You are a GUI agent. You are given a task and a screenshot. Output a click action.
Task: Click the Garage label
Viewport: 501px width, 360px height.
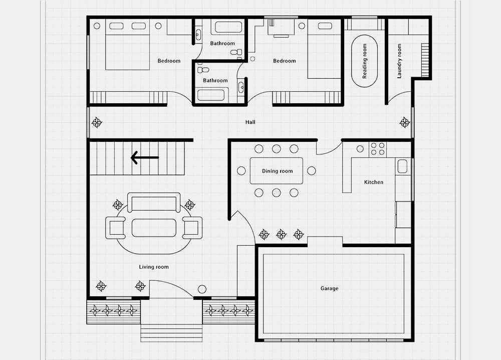coord(329,288)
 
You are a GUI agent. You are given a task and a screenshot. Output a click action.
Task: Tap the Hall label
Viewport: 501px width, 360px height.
coord(250,122)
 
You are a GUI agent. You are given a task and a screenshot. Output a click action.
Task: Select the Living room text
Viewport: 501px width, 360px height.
coord(154,267)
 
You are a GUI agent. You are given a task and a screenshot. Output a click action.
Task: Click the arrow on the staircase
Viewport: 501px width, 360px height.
coord(145,157)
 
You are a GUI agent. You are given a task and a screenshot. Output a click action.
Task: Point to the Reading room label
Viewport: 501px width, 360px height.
coord(365,61)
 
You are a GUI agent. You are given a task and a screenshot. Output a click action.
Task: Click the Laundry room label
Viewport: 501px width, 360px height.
coord(399,61)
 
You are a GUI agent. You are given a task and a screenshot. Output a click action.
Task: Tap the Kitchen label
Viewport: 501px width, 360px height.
coord(374,182)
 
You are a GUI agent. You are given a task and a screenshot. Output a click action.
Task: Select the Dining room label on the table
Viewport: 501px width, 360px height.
coord(277,171)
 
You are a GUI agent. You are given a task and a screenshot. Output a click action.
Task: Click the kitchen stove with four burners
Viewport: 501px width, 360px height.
coord(377,149)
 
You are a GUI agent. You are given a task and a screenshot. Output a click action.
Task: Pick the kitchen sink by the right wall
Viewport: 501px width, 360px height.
coord(402,166)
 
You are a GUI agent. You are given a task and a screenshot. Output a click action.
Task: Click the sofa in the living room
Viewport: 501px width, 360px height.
coord(154,203)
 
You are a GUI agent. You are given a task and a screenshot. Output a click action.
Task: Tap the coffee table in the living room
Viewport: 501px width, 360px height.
coord(154,228)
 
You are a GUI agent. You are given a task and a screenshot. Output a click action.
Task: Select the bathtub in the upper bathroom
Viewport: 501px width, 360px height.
coord(228,27)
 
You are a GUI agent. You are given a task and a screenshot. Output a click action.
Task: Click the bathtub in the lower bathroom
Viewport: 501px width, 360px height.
coord(211,95)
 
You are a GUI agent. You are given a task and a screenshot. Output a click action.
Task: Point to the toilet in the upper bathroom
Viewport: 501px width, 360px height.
coord(236,53)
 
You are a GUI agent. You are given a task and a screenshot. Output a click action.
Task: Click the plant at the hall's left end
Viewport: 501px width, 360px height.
coord(97,122)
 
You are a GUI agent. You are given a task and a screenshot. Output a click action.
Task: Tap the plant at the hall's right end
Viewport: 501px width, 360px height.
coord(404,122)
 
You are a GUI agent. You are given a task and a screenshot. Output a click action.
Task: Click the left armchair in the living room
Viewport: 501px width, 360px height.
coord(115,228)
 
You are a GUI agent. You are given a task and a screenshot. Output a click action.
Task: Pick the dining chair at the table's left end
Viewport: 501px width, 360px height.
coord(241,171)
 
